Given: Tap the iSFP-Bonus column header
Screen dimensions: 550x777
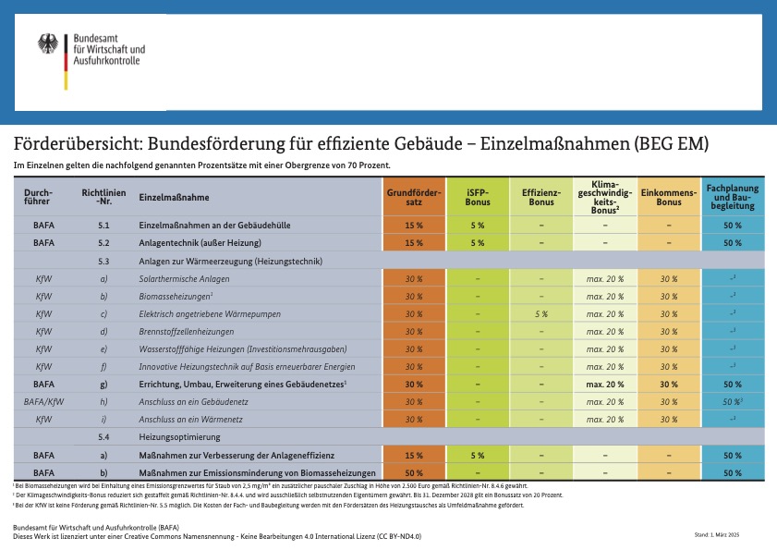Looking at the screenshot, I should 477,197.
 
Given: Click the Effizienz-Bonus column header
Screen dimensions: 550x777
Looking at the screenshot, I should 541,197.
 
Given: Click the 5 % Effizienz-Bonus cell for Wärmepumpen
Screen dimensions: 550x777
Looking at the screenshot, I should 541,313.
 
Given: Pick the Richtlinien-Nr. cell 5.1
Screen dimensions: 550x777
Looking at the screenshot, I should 103,225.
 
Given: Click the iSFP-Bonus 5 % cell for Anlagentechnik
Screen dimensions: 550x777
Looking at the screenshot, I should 477,243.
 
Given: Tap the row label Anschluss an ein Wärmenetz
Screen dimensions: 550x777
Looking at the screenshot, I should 189,419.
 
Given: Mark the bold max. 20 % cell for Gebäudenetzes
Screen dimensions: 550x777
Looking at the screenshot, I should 605,384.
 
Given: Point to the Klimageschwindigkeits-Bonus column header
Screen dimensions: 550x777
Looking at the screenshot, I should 605,197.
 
